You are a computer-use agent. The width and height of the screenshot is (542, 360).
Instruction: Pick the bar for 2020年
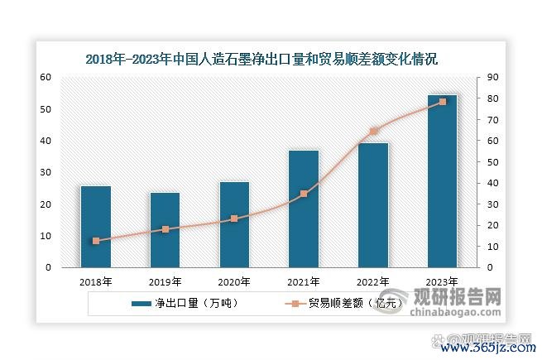tap(234, 224)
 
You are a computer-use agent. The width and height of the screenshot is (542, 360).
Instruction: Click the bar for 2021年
tap(304, 209)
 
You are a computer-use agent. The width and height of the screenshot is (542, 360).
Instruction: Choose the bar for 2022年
tap(373, 205)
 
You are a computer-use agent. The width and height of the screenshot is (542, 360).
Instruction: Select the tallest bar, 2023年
tap(442, 181)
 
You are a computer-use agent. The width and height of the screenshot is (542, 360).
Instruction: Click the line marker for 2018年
tap(96, 241)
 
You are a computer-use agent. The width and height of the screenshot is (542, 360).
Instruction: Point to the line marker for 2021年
tap(304, 194)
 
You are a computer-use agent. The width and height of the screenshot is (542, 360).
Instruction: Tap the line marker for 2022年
tap(373, 131)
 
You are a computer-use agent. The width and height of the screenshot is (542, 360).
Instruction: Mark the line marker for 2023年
tap(442, 102)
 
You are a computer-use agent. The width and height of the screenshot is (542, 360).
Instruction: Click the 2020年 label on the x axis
tap(234, 281)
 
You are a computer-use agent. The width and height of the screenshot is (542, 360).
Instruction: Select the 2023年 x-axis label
tap(442, 281)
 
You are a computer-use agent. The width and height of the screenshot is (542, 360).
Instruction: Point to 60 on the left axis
tap(46, 77)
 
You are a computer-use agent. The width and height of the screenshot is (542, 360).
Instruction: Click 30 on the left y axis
tap(46, 172)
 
